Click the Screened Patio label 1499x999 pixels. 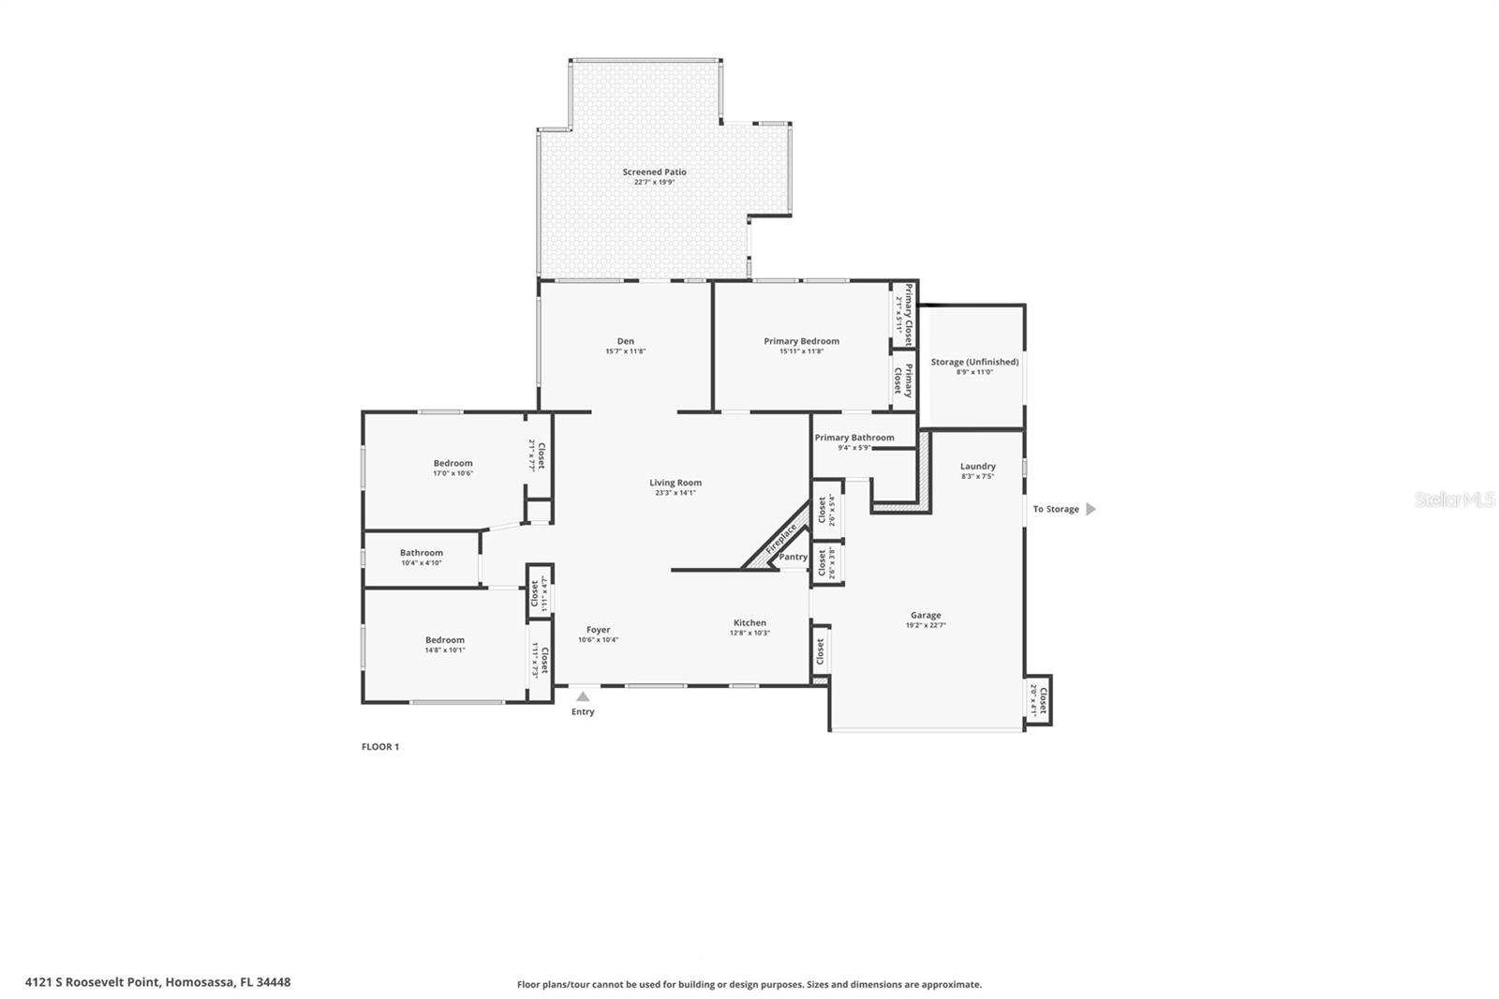tap(654, 172)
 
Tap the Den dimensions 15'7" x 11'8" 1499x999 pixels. tap(625, 351)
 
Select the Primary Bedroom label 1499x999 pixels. tap(801, 341)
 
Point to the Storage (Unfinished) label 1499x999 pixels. tap(974, 362)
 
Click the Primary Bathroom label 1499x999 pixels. tap(853, 438)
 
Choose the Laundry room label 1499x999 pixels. tap(977, 466)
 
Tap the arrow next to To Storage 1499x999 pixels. tap(1091, 509)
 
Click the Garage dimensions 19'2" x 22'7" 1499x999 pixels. tap(925, 625)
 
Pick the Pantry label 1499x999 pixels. tap(793, 557)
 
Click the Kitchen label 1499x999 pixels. tap(749, 622)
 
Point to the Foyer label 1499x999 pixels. tap(598, 630)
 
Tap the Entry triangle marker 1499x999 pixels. tap(583, 696)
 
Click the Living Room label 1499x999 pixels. tap(675, 483)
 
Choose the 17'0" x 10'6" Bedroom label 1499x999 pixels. tap(453, 463)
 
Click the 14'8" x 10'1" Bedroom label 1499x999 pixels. tap(444, 640)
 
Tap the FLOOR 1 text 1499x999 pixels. tap(380, 747)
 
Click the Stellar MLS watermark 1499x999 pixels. tap(1454, 500)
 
